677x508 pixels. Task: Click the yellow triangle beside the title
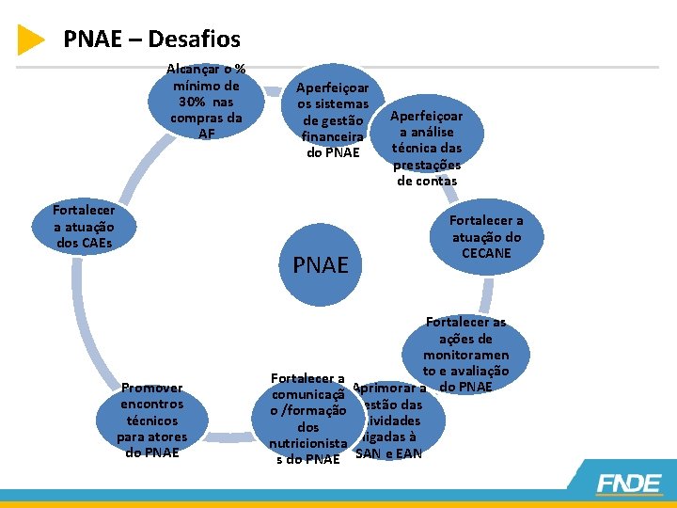[x=30, y=40]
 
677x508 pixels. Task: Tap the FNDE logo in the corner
[x=629, y=484]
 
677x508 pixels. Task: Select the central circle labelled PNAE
[x=321, y=264]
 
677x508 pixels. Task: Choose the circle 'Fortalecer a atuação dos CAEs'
[x=84, y=226]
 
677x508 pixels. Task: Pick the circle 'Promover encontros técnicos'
[x=152, y=420]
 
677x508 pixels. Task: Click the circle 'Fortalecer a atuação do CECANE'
[x=486, y=236]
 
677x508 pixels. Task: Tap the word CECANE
[x=486, y=252]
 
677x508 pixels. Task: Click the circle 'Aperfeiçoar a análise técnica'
[x=426, y=148]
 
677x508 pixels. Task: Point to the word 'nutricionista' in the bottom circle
[x=308, y=443]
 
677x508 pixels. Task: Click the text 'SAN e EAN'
[x=388, y=454]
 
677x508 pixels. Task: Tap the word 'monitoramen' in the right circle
[x=465, y=355]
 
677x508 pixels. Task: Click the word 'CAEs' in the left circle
[x=85, y=243]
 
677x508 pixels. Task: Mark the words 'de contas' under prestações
[x=427, y=181]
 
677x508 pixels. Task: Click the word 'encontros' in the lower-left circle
[x=152, y=404]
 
